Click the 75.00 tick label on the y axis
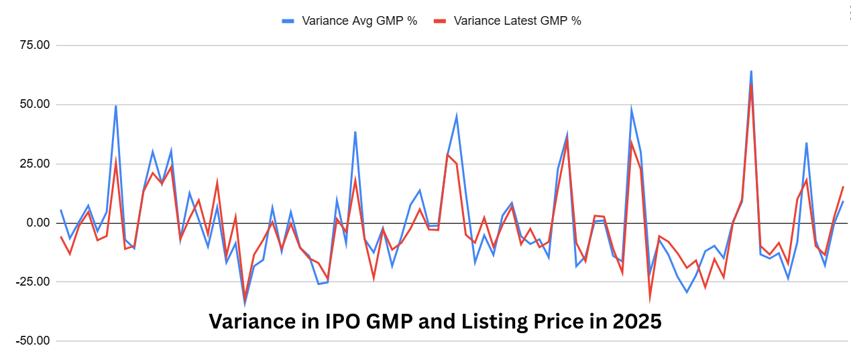tap(34, 46)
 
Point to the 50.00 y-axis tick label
tap(34, 105)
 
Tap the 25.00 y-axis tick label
tap(34, 164)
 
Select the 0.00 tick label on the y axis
tap(37, 223)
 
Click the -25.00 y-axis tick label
tap(32, 282)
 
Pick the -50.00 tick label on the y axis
tap(32, 341)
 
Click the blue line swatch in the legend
tap(288, 21)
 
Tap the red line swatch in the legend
tap(440, 21)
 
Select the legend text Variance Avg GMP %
tap(359, 21)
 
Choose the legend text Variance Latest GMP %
tap(517, 21)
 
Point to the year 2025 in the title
tap(637, 322)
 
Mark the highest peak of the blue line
tap(751, 70)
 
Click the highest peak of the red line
tap(752, 86)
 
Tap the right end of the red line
tap(843, 186)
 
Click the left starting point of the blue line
tap(61, 210)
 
